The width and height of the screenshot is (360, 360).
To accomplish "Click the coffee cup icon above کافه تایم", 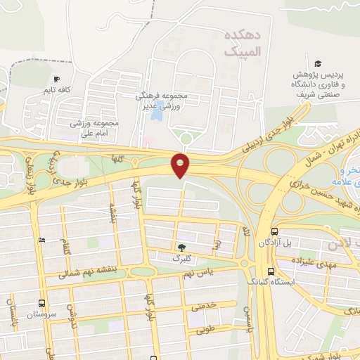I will [58, 78].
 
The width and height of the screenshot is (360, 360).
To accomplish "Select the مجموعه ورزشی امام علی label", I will [96, 127].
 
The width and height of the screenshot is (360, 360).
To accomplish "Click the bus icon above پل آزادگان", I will [274, 231].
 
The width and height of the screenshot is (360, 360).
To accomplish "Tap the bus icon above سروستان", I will [41, 304].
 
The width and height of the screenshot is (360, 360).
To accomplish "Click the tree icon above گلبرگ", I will [181, 247].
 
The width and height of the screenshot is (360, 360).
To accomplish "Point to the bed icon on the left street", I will [41, 240].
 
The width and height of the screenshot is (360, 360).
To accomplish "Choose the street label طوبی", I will [204, 328].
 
